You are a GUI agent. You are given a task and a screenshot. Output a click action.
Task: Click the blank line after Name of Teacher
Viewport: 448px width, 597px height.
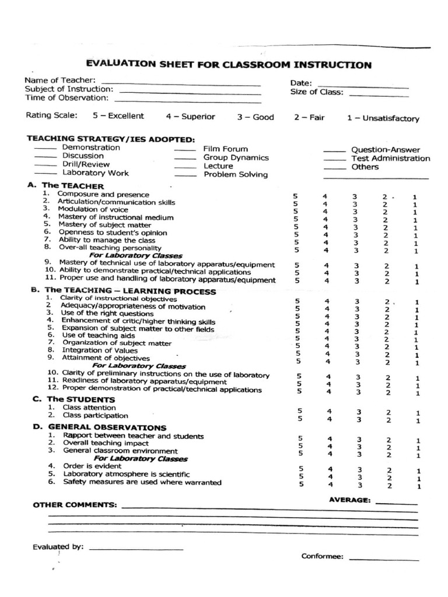click(x=180, y=83)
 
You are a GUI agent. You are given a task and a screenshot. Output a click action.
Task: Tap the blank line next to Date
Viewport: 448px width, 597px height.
click(x=363, y=86)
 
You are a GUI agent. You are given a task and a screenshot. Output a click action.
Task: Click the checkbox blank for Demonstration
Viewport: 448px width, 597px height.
click(x=45, y=150)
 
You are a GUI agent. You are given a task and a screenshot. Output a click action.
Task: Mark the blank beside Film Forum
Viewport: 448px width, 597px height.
click(x=185, y=151)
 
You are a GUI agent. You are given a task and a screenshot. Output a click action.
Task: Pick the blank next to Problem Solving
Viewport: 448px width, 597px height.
click(x=185, y=176)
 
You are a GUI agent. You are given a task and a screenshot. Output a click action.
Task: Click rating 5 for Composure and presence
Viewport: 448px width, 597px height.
click(x=296, y=196)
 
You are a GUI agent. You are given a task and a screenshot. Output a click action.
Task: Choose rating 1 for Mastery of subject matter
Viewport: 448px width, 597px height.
click(x=415, y=228)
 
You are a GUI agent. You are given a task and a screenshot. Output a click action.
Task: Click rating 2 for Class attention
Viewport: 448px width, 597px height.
click(x=388, y=412)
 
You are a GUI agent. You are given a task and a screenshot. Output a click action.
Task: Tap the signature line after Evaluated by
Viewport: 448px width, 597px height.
click(x=136, y=549)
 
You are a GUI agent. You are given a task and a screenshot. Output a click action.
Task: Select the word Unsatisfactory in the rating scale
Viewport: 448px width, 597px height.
click(x=390, y=118)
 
